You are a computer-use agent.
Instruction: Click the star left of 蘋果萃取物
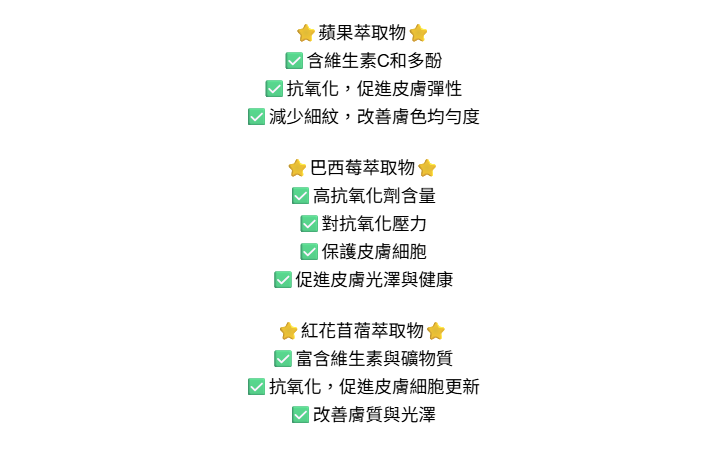[306, 33]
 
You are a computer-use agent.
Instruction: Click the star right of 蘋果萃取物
[418, 33]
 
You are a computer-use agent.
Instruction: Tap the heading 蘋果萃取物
[362, 33]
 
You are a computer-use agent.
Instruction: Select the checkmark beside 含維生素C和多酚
[294, 61]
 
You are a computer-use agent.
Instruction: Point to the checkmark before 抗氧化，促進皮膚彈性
[274, 89]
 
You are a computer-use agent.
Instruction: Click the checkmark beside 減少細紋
[257, 117]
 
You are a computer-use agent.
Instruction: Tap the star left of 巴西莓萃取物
[297, 168]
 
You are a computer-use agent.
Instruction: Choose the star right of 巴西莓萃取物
[427, 168]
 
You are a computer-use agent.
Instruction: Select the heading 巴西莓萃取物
[362, 168]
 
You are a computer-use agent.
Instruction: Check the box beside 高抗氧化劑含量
[300, 196]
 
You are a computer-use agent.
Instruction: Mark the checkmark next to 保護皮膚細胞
[309, 252]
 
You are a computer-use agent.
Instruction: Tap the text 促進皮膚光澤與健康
[374, 280]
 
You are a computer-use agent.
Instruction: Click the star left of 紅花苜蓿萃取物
[288, 331]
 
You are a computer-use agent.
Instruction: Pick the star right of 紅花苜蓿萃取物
[435, 331]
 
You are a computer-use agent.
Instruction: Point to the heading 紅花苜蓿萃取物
[362, 331]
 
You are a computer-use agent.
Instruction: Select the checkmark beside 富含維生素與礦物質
[283, 359]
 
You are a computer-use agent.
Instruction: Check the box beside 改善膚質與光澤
[300, 415]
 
